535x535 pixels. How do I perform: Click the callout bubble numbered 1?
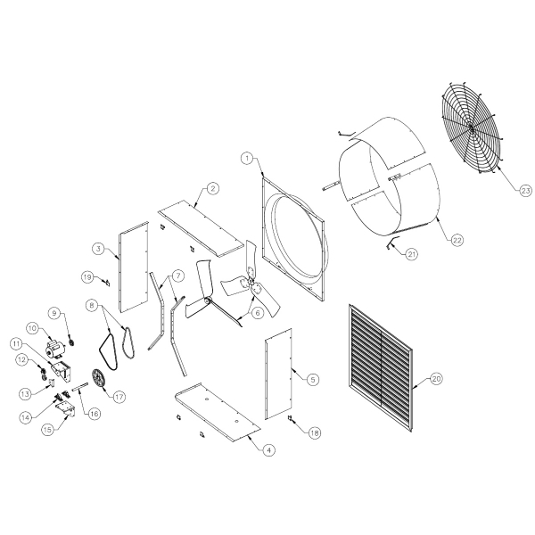tap(247, 159)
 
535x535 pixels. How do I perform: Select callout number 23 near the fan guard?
tap(526, 191)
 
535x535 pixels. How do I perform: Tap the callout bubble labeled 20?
tap(436, 378)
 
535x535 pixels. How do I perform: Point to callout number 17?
tap(119, 397)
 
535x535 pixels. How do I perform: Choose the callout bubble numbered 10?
tap(32, 328)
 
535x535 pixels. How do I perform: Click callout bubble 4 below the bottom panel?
tap(269, 450)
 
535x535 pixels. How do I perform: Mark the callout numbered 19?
tap(87, 276)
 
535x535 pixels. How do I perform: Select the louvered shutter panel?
tap(381, 368)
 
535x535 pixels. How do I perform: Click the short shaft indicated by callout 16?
tap(80, 387)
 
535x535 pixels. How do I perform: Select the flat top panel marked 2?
tap(202, 228)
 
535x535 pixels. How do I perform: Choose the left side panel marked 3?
tap(134, 267)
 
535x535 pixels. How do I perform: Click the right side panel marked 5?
tap(278, 374)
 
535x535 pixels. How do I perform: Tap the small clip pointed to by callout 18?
tap(291, 417)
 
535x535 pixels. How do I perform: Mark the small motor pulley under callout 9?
tap(71, 342)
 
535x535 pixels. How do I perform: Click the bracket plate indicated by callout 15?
tap(66, 408)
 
